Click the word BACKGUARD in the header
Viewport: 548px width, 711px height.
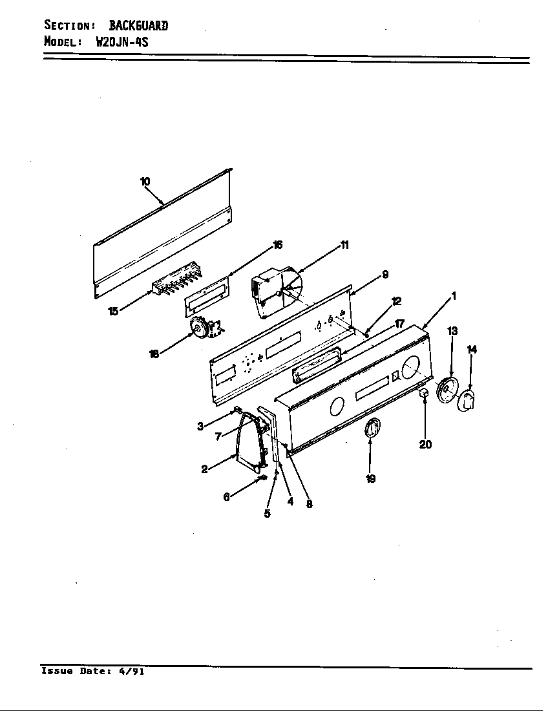click(x=138, y=25)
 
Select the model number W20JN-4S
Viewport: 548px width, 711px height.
click(x=122, y=42)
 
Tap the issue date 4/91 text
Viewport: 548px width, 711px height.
click(x=132, y=671)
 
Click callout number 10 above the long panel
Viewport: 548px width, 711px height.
click(x=145, y=182)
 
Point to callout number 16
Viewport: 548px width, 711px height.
click(x=277, y=245)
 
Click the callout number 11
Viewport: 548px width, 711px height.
click(x=344, y=245)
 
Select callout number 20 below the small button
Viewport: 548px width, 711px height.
click(x=425, y=445)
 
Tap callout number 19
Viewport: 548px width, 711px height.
click(x=370, y=479)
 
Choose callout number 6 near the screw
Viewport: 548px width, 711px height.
click(x=226, y=497)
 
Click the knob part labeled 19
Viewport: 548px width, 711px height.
click(x=373, y=428)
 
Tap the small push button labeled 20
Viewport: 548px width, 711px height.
click(x=424, y=394)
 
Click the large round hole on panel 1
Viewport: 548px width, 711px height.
click(x=412, y=367)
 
